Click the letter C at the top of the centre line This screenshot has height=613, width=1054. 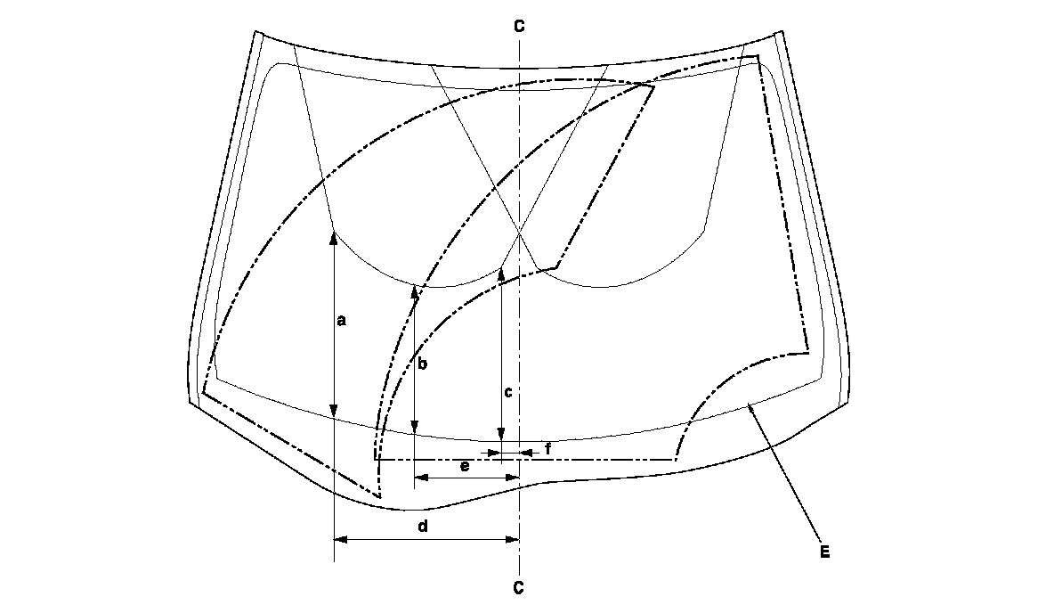pyautogui.click(x=518, y=25)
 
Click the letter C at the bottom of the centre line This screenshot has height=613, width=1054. pyautogui.click(x=518, y=588)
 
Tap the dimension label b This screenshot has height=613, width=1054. pyautogui.click(x=423, y=364)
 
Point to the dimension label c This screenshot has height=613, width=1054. pyautogui.click(x=507, y=391)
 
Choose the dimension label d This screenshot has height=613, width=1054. pyautogui.click(x=424, y=527)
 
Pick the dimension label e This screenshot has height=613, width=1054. pyautogui.click(x=464, y=465)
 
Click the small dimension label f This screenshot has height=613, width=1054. pyautogui.click(x=547, y=449)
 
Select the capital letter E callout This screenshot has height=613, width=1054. pyautogui.click(x=824, y=552)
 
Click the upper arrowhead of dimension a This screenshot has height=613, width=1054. pyautogui.click(x=333, y=237)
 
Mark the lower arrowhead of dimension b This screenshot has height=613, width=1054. pyautogui.click(x=415, y=430)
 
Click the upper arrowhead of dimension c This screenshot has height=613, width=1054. pyautogui.click(x=501, y=271)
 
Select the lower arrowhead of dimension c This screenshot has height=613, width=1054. pyautogui.click(x=501, y=436)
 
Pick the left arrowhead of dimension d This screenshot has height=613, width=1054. pyautogui.click(x=339, y=539)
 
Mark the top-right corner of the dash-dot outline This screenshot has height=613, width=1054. pyautogui.click(x=758, y=57)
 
